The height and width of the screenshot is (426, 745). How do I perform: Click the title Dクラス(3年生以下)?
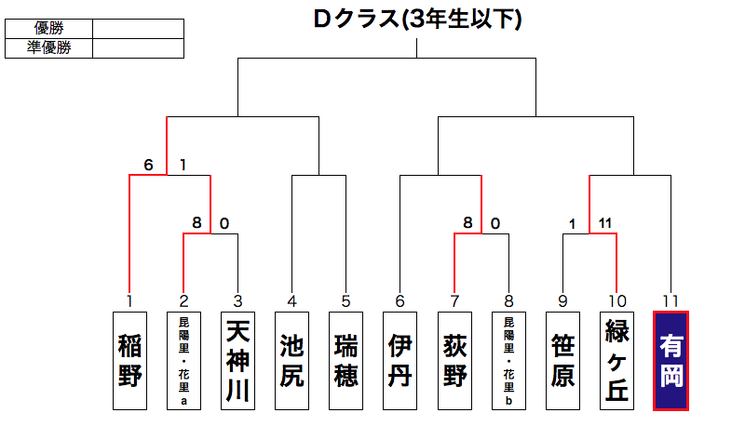(x=416, y=20)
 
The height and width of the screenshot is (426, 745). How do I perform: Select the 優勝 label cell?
(x=48, y=29)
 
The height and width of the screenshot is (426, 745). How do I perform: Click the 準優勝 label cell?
(x=48, y=47)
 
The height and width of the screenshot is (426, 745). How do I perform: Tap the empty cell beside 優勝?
(x=138, y=29)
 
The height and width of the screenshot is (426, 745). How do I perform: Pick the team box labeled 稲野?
(x=129, y=360)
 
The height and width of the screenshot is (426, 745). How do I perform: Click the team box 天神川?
(x=237, y=360)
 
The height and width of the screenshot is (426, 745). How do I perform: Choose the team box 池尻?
(x=291, y=360)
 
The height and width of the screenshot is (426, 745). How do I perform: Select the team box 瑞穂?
(x=345, y=360)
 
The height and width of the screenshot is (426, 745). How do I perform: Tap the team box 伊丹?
(x=400, y=360)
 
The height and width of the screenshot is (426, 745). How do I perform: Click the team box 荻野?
(x=454, y=360)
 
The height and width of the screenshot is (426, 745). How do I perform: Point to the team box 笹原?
(x=562, y=360)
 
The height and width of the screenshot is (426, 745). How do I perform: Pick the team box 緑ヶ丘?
(x=616, y=360)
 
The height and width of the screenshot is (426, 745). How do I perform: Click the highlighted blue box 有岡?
(x=670, y=360)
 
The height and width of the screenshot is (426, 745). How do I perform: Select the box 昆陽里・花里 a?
(x=183, y=360)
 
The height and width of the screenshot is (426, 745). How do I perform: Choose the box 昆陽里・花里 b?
(x=508, y=360)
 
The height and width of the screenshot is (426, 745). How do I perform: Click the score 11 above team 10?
(x=604, y=223)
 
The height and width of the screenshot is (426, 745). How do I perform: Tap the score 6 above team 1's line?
(x=148, y=166)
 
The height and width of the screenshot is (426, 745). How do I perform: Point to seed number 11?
(x=670, y=301)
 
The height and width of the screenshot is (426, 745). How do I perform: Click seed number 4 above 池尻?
(x=291, y=301)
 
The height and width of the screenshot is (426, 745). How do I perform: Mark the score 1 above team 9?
(x=573, y=223)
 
